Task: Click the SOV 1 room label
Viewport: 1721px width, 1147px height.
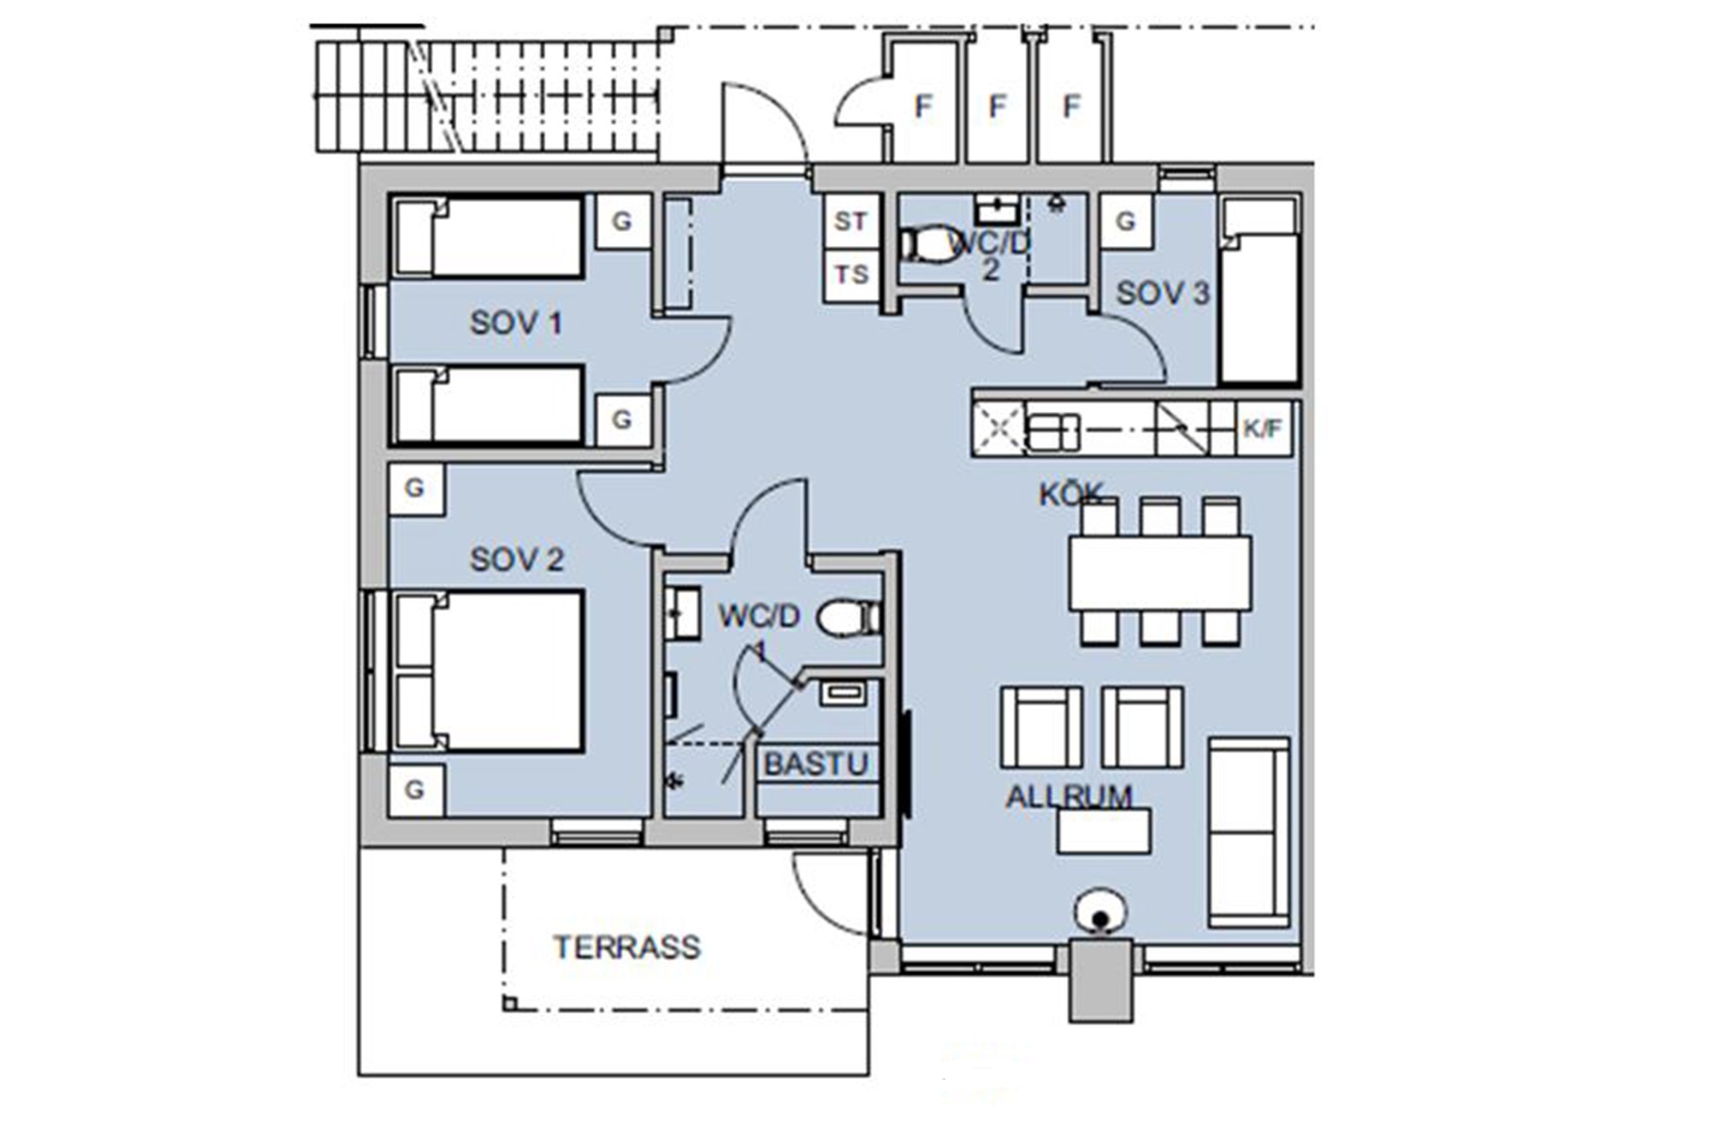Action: [x=515, y=323]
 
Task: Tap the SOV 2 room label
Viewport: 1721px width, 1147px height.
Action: [x=517, y=560]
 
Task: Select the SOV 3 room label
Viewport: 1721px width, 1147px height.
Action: [x=1162, y=293]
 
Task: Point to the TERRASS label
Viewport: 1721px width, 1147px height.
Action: [x=627, y=947]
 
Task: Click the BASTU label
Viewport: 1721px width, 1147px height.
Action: [x=816, y=764]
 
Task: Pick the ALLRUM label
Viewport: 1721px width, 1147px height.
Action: [x=1069, y=796]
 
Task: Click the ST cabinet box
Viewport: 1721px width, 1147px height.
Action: [x=850, y=221]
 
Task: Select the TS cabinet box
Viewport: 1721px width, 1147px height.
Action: [x=850, y=275]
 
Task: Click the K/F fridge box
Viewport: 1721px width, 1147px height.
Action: [x=1263, y=429]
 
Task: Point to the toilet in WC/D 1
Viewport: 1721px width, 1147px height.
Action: [x=849, y=618]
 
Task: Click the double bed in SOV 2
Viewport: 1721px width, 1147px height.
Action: [x=489, y=671]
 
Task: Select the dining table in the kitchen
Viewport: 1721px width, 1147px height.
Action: [x=1160, y=573]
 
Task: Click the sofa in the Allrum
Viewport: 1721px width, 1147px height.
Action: [x=1249, y=832]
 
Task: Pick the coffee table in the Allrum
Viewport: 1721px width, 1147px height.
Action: [x=1104, y=831]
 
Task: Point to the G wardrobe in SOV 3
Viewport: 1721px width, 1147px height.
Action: [x=1125, y=221]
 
